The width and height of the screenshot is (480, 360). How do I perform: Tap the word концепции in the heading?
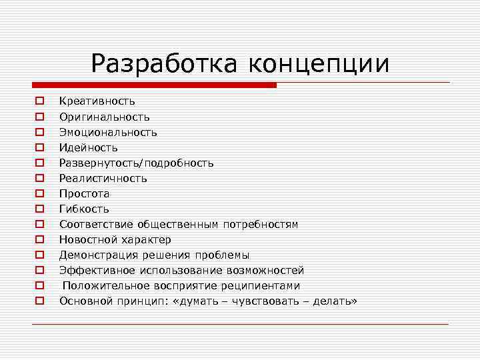point(319,65)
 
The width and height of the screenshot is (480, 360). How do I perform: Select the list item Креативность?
point(97,101)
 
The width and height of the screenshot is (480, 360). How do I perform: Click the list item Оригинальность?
point(105,117)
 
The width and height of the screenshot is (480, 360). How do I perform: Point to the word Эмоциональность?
point(108,132)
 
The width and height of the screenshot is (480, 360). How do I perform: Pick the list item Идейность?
point(89,147)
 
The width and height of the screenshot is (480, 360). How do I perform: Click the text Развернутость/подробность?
point(137,163)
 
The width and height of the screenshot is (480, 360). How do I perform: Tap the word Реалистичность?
point(103,178)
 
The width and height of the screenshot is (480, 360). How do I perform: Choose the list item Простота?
point(85,193)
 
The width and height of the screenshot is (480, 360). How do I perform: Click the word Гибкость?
point(84,209)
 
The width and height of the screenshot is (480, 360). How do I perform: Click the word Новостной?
point(86,239)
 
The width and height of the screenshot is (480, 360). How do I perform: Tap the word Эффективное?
point(97,270)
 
